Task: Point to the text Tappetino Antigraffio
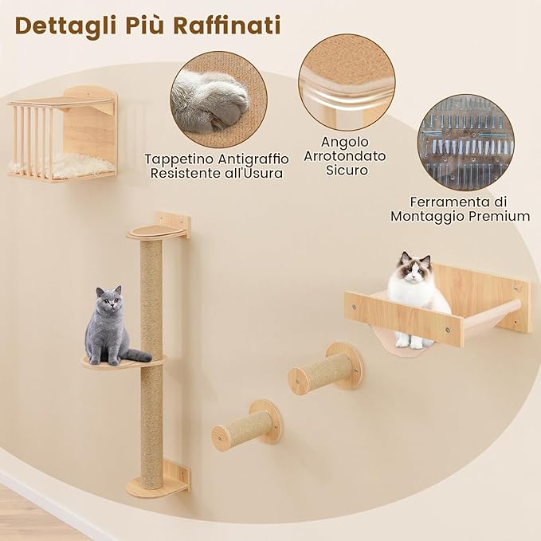tap(217, 159)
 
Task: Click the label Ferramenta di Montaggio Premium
tap(460, 209)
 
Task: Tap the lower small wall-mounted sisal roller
tap(245, 427)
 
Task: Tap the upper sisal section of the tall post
tap(151, 295)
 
